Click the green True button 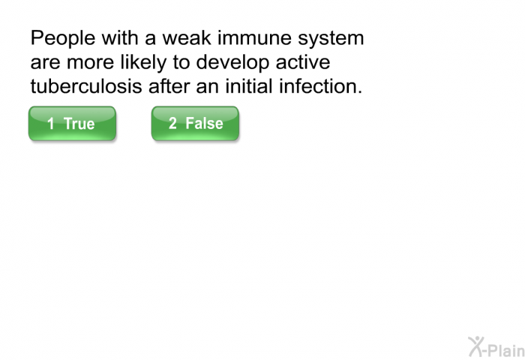click(x=72, y=123)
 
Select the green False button click(x=195, y=123)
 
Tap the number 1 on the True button click(x=50, y=124)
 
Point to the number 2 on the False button click(x=172, y=123)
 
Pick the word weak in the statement click(x=187, y=37)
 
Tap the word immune click(x=255, y=37)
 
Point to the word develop click(x=232, y=62)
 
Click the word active click(x=303, y=62)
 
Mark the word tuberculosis click(x=86, y=86)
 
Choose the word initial click(x=249, y=86)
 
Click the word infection click(x=321, y=86)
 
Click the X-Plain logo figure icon click(x=476, y=346)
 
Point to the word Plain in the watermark click(x=506, y=350)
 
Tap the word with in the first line click(x=120, y=37)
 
